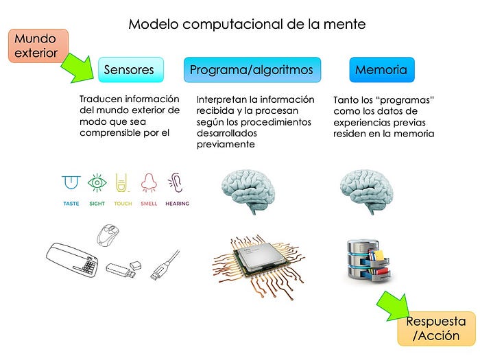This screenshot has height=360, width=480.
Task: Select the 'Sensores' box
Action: click(131, 69)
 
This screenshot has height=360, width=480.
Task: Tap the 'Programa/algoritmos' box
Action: click(252, 69)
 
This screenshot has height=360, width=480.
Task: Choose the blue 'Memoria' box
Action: click(381, 69)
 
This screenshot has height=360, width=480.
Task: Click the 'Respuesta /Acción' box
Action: click(435, 328)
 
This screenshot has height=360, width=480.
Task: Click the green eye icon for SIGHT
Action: click(97, 182)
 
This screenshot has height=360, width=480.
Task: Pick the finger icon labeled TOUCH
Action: click(122, 183)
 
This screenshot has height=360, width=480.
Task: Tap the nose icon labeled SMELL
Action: click(149, 183)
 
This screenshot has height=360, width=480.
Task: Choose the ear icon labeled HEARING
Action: click(176, 183)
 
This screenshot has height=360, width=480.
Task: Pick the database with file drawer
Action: click(368, 260)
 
